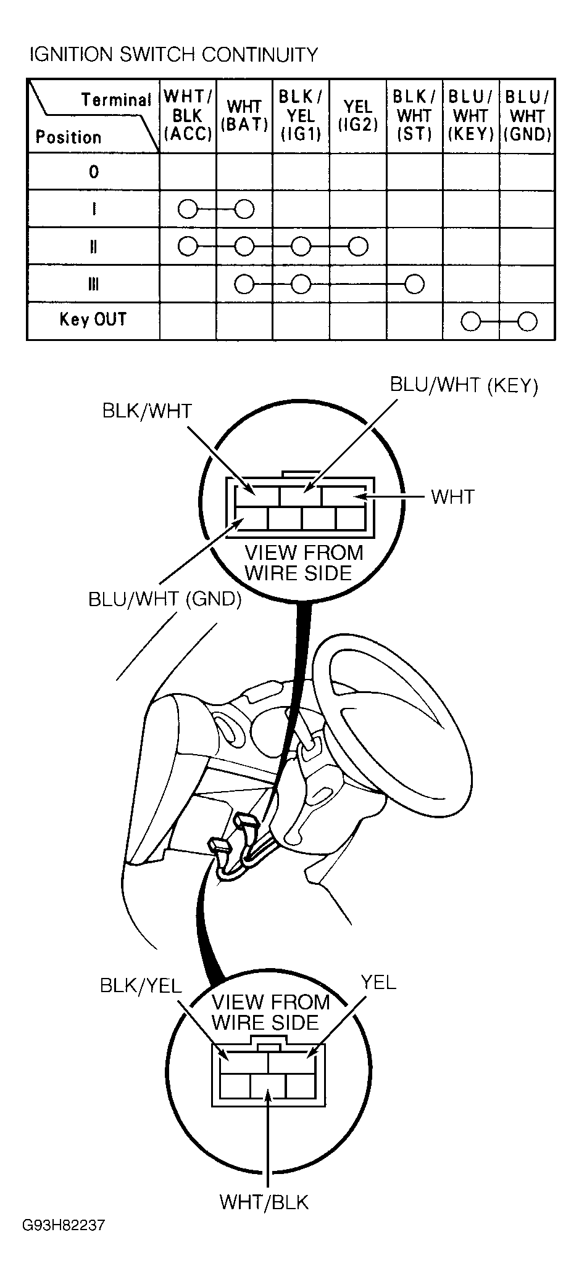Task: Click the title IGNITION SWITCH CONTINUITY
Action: (173, 55)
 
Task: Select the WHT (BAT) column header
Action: (244, 115)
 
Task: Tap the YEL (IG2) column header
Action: (358, 115)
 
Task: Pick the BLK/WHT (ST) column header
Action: (414, 115)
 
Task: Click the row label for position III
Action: (93, 284)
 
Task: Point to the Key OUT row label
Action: (93, 319)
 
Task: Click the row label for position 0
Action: (93, 171)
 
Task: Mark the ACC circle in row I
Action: (188, 210)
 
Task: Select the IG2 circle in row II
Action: (358, 247)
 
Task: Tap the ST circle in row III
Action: (414, 284)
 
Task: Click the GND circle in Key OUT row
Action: (527, 321)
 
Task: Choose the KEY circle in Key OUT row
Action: (471, 321)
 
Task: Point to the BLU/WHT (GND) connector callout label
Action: (165, 599)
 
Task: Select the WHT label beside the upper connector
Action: (452, 496)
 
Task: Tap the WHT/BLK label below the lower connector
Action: (264, 1202)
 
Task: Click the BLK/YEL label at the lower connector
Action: (141, 985)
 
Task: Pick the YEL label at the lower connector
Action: (378, 982)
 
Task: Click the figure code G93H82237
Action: (64, 1241)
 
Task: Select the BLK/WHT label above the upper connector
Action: (147, 411)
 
